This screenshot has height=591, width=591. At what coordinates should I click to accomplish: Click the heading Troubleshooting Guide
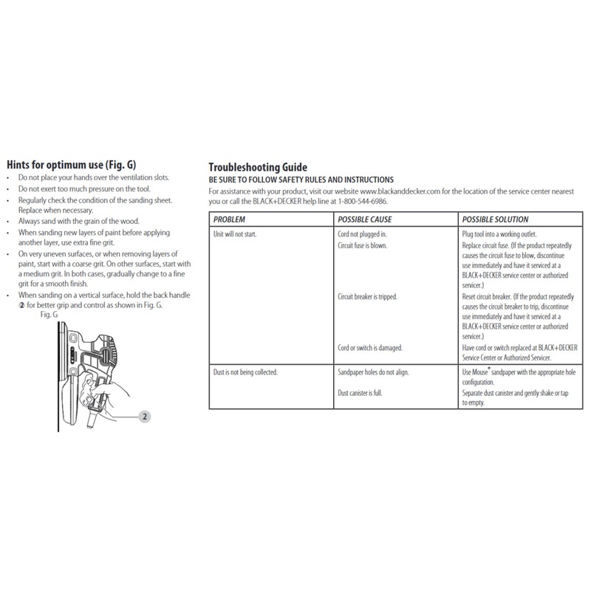tap(257, 168)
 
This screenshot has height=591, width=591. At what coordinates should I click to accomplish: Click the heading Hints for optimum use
tap(71, 164)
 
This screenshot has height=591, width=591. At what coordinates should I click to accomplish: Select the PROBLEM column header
tap(229, 219)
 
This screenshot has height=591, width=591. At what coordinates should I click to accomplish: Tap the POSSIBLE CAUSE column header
tap(364, 219)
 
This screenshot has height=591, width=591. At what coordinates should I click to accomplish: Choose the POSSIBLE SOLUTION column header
tap(494, 219)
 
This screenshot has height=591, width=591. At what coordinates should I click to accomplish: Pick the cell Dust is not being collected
tap(245, 372)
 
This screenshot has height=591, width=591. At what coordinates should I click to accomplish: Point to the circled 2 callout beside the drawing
tap(146, 417)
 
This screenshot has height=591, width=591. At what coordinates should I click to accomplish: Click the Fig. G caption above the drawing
tap(49, 314)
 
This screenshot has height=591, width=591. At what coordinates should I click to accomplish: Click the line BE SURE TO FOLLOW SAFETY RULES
tap(301, 180)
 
